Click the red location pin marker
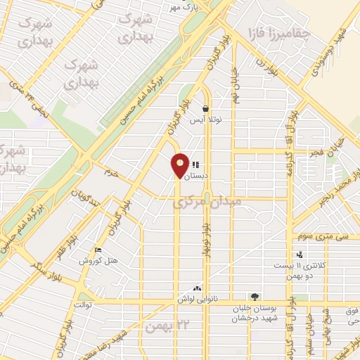point(181,165)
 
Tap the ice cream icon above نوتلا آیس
point(205,109)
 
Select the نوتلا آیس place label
point(207,120)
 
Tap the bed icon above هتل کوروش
point(98,250)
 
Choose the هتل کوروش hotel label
point(97,261)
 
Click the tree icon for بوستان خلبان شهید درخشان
point(255,297)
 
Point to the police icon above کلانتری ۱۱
point(300,255)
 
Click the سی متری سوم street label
point(321,237)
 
